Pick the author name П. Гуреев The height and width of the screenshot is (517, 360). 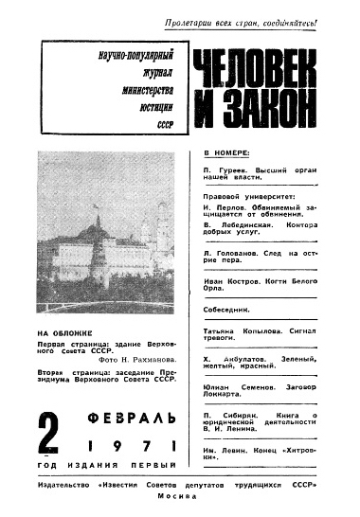(x=224, y=168)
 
